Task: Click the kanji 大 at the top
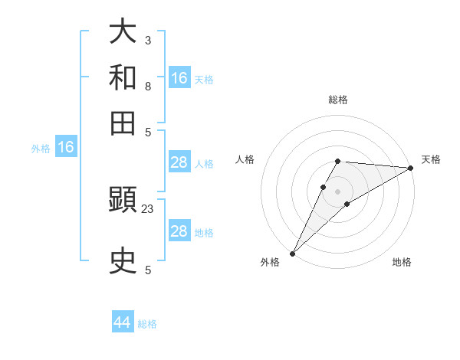(x=123, y=31)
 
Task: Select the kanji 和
(x=123, y=77)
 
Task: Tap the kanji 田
(x=123, y=123)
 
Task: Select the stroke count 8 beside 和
(x=147, y=86)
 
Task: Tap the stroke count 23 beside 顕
(x=148, y=208)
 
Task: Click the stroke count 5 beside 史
(x=147, y=270)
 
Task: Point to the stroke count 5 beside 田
(x=147, y=132)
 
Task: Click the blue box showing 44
(x=123, y=322)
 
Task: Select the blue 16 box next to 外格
(x=66, y=148)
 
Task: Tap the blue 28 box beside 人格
(x=179, y=162)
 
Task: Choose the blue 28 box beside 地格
(x=179, y=231)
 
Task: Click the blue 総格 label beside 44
(x=147, y=324)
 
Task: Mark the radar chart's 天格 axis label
(x=431, y=159)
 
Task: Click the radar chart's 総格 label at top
(x=338, y=100)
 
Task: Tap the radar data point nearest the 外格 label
(x=292, y=253)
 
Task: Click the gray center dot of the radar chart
(x=338, y=190)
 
